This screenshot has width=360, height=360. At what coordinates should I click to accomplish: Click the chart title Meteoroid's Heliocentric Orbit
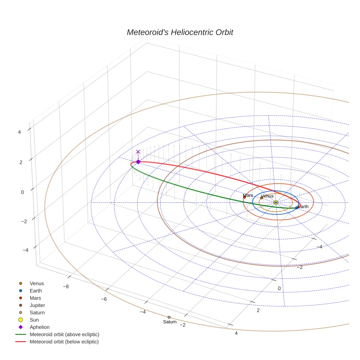tap(180, 33)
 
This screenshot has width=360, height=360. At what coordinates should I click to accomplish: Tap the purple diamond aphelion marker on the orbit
tap(138, 162)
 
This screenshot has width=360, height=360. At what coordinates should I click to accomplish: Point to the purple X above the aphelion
tap(138, 152)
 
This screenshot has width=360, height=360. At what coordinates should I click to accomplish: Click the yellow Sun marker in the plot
tap(276, 202)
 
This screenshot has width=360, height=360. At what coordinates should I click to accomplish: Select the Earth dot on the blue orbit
tap(297, 208)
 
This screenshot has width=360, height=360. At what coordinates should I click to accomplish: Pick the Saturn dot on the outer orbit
tap(169, 317)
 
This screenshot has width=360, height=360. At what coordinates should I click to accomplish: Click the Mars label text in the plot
tap(248, 195)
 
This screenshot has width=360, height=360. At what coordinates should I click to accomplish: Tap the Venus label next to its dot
tap(267, 196)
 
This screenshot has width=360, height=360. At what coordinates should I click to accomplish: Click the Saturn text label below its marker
tap(170, 322)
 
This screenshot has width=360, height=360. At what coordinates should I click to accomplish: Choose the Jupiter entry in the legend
tap(37, 305)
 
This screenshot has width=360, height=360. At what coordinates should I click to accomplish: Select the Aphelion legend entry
tap(39, 327)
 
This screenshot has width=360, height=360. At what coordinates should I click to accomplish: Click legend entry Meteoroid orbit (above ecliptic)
tap(64, 334)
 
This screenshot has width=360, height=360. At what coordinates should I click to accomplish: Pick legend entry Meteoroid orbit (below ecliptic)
tap(64, 342)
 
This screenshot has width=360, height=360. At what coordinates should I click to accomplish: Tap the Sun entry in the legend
tap(34, 320)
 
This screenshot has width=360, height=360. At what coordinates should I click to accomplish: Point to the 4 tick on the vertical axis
tap(19, 132)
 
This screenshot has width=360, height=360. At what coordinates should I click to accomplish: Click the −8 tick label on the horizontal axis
tap(66, 286)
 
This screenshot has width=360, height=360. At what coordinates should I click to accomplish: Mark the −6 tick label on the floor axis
tap(104, 299)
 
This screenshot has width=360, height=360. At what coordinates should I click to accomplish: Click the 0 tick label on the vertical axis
tap(23, 192)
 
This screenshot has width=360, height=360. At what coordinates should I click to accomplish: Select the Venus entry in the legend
tap(37, 283)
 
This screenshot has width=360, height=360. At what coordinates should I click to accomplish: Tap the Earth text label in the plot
tap(303, 207)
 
